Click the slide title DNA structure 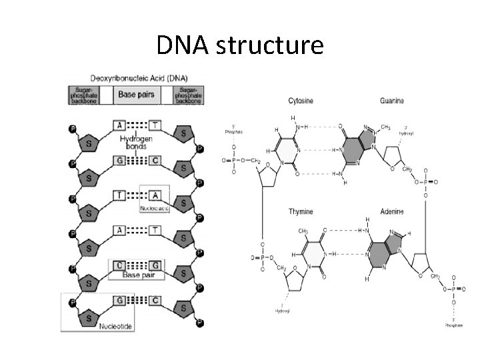click(240, 45)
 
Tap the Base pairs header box click(136, 95)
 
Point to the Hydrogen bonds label click(136, 143)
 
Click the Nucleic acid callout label click(154, 209)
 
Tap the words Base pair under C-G click(138, 275)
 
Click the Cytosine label click(301, 101)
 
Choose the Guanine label click(391, 101)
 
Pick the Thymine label click(301, 211)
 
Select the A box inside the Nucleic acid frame click(155, 195)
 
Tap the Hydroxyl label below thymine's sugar click(282, 309)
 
